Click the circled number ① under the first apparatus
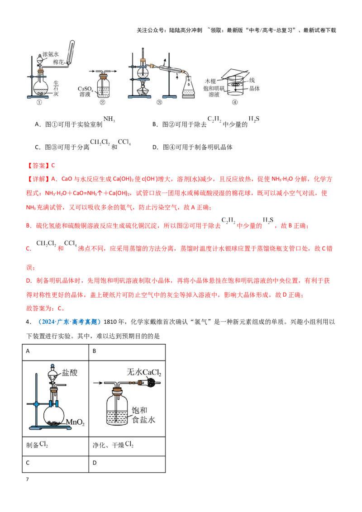coord(39,102)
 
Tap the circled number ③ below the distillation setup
coord(159,102)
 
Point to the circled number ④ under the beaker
coord(234,102)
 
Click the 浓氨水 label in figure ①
coord(51,54)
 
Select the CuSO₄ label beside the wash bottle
coord(85,89)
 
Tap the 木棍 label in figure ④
coord(210,81)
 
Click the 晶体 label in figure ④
coord(254,89)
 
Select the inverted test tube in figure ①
coord(71,52)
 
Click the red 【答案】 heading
coord(37,166)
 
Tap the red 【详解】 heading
coord(37,179)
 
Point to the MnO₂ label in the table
coord(75,422)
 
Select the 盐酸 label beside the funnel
coord(70,373)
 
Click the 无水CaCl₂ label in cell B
coord(144,372)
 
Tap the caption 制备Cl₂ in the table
coord(37,445)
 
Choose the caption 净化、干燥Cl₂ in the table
coord(113,445)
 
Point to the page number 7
coord(28,479)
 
